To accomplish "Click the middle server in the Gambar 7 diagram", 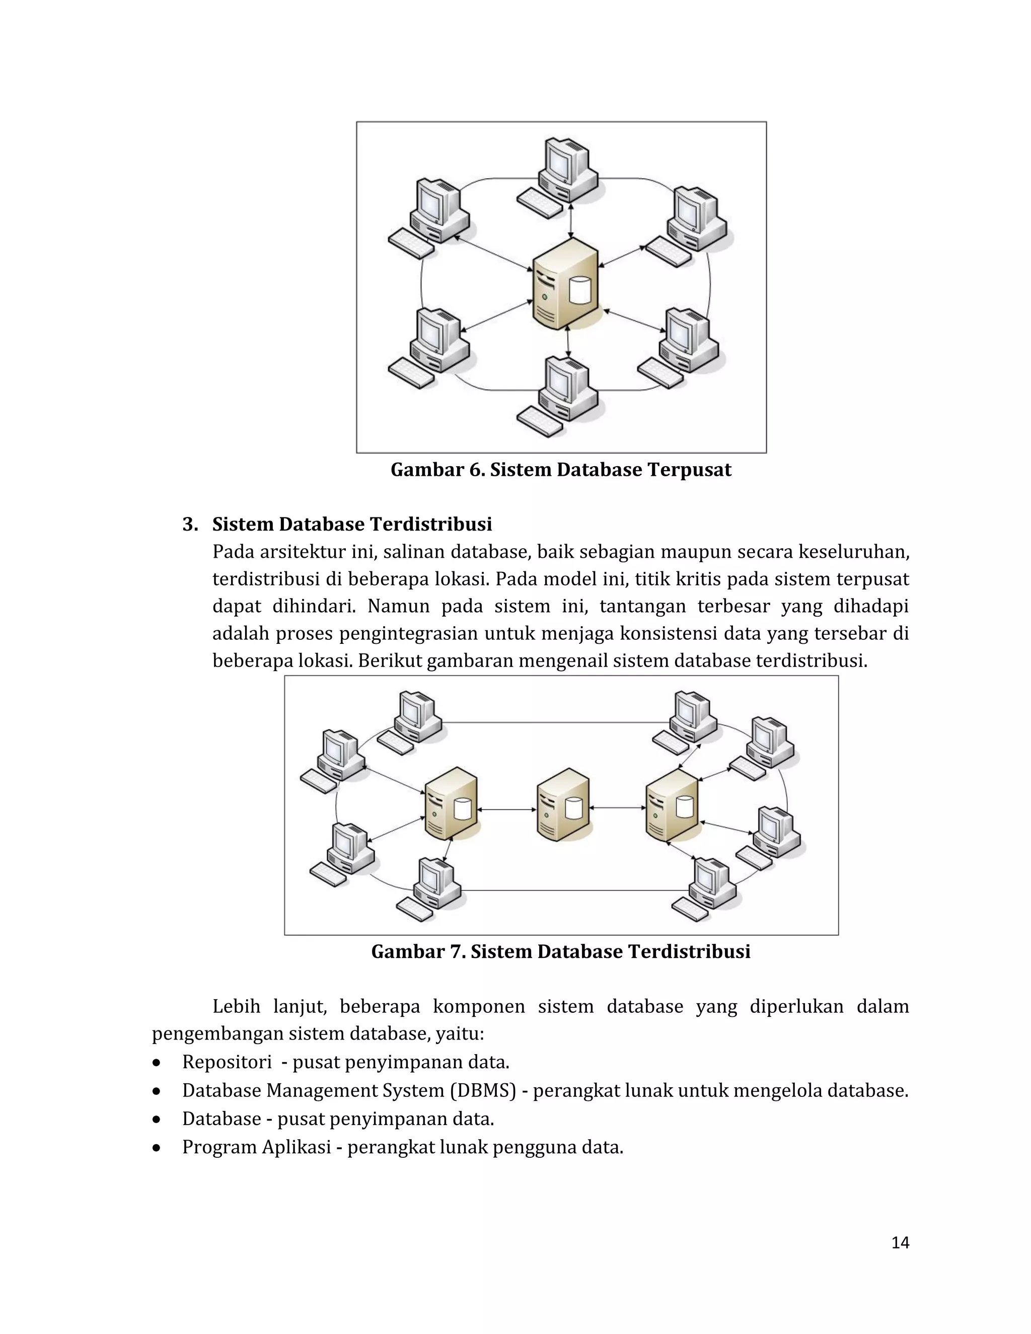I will pyautogui.click(x=564, y=804).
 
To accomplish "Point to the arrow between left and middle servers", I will pyautogui.click(x=507, y=809).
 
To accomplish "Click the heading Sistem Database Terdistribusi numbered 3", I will pyautogui.click(x=352, y=524).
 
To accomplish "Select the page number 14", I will pyautogui.click(x=900, y=1243).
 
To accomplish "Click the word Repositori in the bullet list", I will pyautogui.click(x=227, y=1062).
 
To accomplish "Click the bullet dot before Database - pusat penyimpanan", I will pyautogui.click(x=158, y=1120).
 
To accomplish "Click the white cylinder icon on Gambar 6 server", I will pyautogui.click(x=579, y=291).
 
